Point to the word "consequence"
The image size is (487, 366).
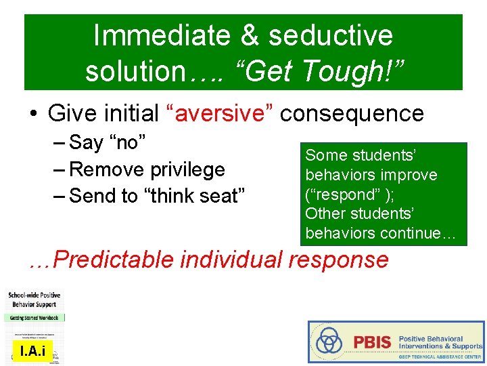pyautogui.click(x=352, y=114)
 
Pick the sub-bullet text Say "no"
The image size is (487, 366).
pyautogui.click(x=108, y=142)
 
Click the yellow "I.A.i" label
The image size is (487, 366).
pyautogui.click(x=32, y=350)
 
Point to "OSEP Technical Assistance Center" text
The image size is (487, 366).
pyautogui.click(x=440, y=356)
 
